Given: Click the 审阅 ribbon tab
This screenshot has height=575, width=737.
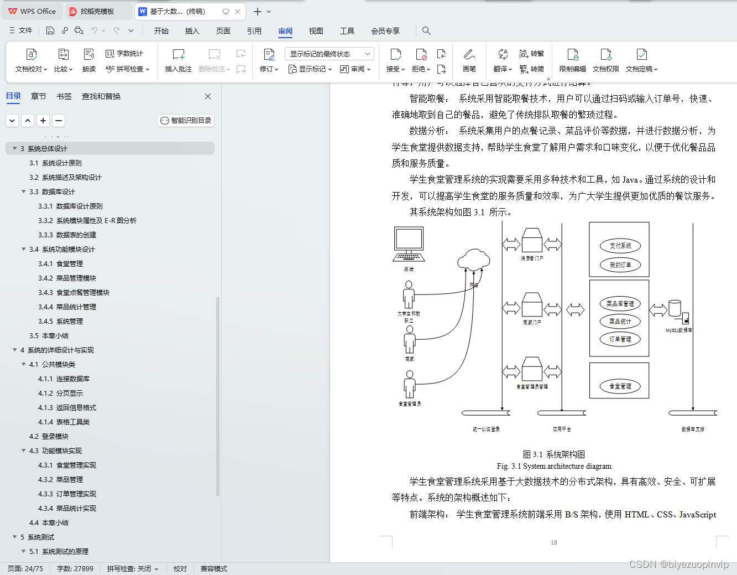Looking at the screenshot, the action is coord(285,31).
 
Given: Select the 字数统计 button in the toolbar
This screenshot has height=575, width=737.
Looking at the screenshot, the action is coord(124,54).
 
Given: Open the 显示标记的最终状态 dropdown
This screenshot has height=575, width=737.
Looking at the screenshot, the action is coord(330,54).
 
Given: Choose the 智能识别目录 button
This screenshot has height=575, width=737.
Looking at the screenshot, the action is coord(186,121).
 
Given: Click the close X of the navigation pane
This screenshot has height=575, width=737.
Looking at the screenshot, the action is coord(208,96).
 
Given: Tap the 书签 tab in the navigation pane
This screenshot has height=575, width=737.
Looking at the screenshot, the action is coord(64,96).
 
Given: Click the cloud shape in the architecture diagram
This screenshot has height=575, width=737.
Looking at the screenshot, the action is coord(473,259).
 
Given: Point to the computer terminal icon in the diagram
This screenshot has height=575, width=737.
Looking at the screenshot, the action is coord(409,244).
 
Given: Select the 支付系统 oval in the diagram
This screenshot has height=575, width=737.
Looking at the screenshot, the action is coord(620,246).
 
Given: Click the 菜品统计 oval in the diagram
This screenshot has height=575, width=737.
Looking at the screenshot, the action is coord(620,322).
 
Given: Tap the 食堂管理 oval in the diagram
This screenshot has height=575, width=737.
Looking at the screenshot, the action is coord(620,386).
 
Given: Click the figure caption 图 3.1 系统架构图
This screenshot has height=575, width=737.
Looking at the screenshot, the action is coord(553,454).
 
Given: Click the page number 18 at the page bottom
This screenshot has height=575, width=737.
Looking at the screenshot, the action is coord(554,542).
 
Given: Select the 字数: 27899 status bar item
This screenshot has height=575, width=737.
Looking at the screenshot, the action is coord(75,569).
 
